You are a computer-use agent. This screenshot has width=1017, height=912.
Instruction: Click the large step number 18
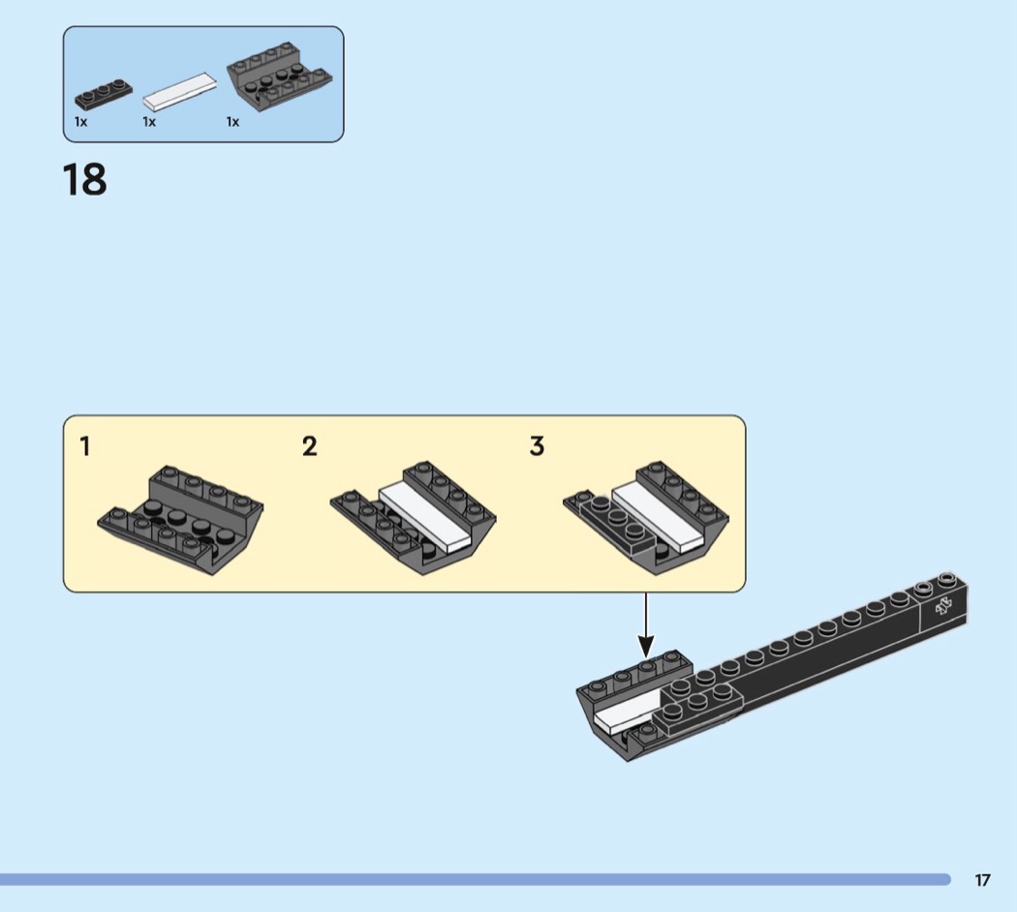(x=84, y=180)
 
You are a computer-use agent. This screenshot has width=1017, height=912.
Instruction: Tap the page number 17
(x=982, y=880)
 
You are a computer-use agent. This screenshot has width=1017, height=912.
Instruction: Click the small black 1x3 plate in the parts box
(x=104, y=92)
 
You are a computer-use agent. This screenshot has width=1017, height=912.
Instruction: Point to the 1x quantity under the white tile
(x=149, y=122)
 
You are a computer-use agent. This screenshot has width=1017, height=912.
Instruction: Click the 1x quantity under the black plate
(x=81, y=122)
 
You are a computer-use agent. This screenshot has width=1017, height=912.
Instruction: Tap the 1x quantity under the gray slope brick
(x=232, y=122)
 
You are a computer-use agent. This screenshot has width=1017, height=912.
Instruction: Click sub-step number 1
(x=86, y=446)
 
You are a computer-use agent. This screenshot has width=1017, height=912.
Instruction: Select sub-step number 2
(x=309, y=446)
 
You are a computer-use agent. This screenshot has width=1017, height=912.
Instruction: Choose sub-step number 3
(x=537, y=446)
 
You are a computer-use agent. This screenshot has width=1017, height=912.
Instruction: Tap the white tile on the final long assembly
(x=621, y=717)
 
